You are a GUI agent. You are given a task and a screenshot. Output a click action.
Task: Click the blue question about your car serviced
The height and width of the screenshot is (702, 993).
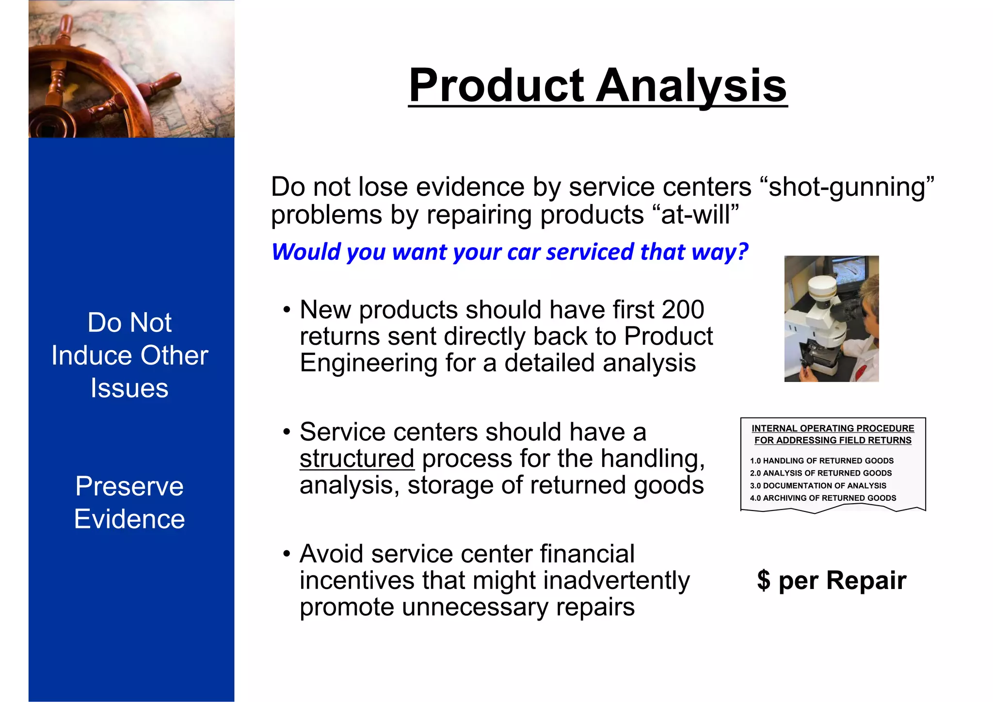point(509,252)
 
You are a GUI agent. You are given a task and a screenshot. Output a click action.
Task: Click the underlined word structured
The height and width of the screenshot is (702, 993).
point(357,459)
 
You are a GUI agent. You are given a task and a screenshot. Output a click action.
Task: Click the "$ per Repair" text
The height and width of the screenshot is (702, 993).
point(831,580)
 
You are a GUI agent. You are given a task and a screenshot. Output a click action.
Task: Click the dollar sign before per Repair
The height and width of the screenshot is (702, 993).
point(763,580)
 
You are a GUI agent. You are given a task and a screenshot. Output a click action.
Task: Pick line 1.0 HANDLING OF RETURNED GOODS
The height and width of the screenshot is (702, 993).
point(821,461)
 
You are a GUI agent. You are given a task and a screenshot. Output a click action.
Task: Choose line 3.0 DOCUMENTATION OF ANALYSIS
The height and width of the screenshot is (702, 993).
point(817,486)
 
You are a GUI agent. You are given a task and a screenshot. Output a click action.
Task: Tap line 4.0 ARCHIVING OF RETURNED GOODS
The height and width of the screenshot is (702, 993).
point(823,498)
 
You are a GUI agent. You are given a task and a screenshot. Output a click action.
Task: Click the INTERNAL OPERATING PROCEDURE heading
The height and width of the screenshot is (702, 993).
point(833,429)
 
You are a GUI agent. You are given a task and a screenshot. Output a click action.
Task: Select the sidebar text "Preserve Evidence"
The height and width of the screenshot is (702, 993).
point(129,503)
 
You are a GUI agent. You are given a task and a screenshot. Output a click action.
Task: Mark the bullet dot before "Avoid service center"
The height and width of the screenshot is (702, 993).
point(287,553)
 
